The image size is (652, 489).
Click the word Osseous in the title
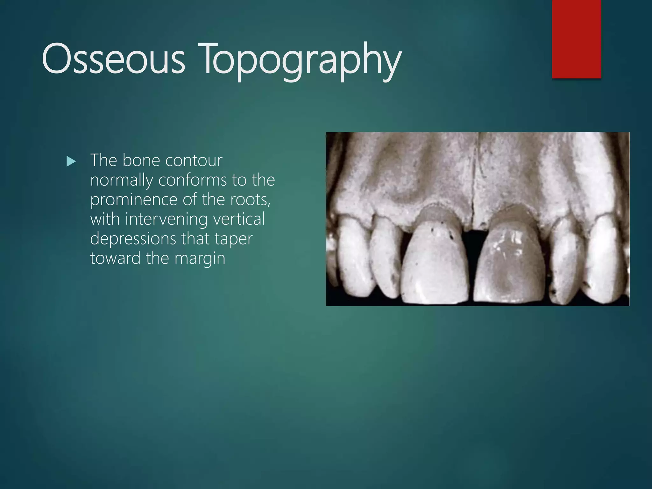(113, 59)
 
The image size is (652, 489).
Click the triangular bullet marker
(71, 162)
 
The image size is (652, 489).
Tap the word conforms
(192, 180)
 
